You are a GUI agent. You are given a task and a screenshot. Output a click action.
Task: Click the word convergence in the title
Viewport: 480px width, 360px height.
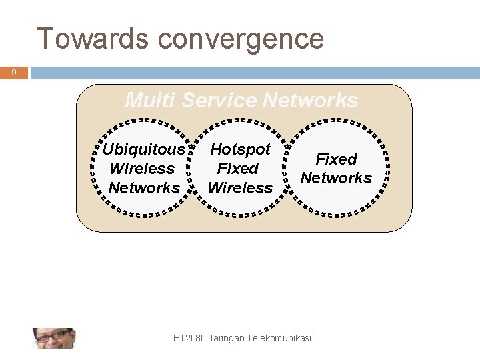pyautogui.click(x=241, y=40)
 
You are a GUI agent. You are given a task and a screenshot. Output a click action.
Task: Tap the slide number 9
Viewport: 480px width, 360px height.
pyautogui.click(x=13, y=73)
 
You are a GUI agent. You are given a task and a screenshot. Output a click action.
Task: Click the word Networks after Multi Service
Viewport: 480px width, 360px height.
pyautogui.click(x=310, y=101)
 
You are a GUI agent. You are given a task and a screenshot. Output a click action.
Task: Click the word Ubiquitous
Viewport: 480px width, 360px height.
pyautogui.click(x=143, y=149)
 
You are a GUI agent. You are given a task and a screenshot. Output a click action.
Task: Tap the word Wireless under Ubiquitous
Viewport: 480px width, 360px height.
pyautogui.click(x=141, y=169)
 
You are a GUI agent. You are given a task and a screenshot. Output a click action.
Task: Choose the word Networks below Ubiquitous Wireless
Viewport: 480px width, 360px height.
pyautogui.click(x=144, y=188)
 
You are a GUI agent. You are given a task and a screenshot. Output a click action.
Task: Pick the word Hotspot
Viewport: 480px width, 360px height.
pyautogui.click(x=240, y=149)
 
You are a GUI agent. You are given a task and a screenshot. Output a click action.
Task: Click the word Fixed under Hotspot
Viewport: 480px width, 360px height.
pyautogui.click(x=237, y=169)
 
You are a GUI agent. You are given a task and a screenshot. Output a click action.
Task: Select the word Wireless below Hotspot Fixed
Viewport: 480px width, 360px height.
pyautogui.click(x=240, y=188)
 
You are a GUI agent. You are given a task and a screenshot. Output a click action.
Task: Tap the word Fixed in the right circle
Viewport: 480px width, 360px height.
pyautogui.click(x=336, y=159)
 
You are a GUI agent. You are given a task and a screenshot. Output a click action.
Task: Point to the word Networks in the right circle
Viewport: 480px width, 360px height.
pyautogui.click(x=336, y=178)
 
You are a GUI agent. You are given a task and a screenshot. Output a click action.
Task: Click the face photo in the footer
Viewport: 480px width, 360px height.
pyautogui.click(x=53, y=338)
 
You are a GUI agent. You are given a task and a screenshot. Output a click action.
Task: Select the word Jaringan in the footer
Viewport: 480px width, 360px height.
pyautogui.click(x=226, y=338)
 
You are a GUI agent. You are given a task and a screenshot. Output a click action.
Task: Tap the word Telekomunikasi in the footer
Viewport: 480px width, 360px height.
pyautogui.click(x=279, y=338)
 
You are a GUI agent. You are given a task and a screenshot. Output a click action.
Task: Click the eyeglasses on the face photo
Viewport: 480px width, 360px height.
pyautogui.click(x=52, y=335)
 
